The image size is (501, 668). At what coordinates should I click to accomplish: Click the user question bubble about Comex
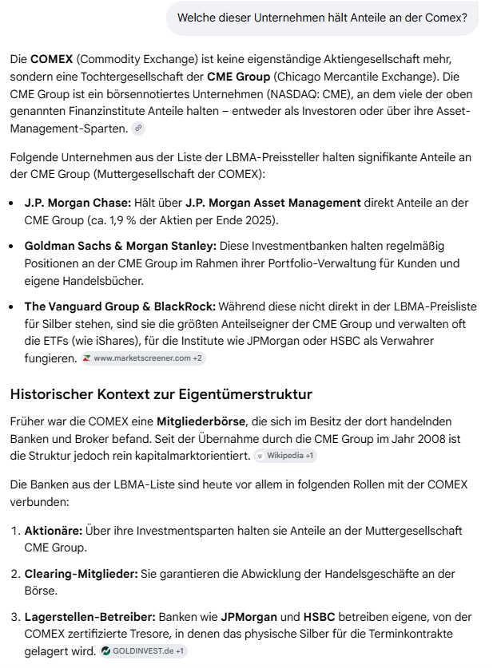click(x=322, y=18)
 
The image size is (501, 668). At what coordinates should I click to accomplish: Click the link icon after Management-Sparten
click(x=138, y=128)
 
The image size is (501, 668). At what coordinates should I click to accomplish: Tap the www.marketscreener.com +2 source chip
click(x=143, y=358)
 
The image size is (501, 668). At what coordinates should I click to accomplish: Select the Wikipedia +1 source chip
click(x=286, y=456)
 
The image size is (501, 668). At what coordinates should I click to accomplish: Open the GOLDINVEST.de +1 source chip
click(x=144, y=651)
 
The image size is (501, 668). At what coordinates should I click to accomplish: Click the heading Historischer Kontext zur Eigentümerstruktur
click(x=161, y=394)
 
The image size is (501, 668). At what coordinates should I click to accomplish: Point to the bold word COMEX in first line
click(x=51, y=59)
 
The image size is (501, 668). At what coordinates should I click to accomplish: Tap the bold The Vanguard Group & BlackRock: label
click(x=120, y=306)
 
